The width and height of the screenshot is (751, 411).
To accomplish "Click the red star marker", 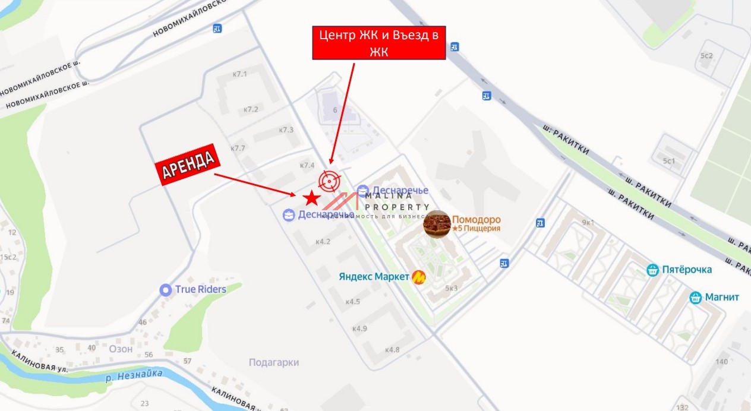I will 311,198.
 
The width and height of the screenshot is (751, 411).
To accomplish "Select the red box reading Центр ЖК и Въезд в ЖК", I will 379,43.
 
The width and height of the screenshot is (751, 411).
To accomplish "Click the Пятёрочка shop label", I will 687,270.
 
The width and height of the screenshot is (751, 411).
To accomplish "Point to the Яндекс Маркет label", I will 374,276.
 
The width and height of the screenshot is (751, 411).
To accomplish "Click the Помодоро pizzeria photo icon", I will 437,223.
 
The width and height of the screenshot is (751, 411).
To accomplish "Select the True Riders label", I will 200,289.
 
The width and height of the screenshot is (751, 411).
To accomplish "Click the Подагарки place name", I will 273,362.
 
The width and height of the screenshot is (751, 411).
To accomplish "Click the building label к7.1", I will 239,74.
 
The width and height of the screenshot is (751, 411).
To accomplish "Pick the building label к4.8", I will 392,349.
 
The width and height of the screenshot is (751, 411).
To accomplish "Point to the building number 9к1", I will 588,223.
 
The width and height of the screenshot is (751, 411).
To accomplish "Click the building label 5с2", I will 706,56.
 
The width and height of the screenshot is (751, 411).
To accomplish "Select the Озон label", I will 121,349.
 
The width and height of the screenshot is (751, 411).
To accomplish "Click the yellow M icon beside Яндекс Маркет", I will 419,277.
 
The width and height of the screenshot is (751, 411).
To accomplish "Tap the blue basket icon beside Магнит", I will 696,298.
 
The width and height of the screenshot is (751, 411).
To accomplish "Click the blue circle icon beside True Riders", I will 166,290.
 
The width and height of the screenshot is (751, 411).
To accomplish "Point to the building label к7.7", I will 238,148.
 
